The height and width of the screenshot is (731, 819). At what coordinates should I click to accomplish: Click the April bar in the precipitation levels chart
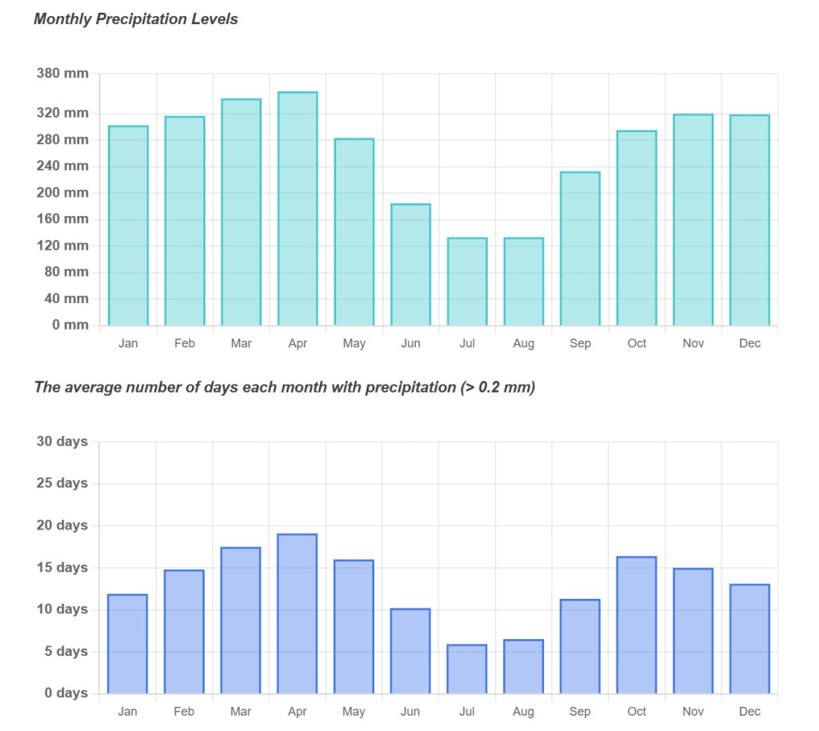[x=298, y=209]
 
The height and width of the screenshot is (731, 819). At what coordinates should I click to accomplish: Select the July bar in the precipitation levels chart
[x=467, y=282]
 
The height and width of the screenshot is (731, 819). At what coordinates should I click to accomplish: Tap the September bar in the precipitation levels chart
[x=580, y=249]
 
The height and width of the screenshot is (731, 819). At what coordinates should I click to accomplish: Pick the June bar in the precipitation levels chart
[x=410, y=265]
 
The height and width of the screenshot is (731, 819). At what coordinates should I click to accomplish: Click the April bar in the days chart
[x=297, y=613]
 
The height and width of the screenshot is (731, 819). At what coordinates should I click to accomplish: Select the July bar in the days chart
[x=467, y=669]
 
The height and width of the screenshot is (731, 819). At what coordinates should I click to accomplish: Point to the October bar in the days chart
[x=637, y=625]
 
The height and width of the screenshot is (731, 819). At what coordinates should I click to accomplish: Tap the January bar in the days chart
[x=127, y=644]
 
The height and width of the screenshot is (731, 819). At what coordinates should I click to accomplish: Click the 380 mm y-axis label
[x=62, y=74]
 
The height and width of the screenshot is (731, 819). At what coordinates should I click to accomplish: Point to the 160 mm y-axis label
[x=62, y=218]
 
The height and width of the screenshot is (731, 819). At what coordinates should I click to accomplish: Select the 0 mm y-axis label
[x=70, y=325]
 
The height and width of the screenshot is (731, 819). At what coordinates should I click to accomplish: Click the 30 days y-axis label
[x=62, y=441]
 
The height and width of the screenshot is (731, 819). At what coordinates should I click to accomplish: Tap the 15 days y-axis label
[x=62, y=568]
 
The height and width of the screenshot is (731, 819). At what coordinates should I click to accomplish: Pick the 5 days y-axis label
[x=66, y=652]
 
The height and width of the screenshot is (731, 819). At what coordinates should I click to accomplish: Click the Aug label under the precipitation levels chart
[x=524, y=343]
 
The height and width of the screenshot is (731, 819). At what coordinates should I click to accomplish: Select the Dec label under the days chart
[x=749, y=711]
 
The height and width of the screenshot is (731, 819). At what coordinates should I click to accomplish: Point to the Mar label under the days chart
[x=241, y=711]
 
